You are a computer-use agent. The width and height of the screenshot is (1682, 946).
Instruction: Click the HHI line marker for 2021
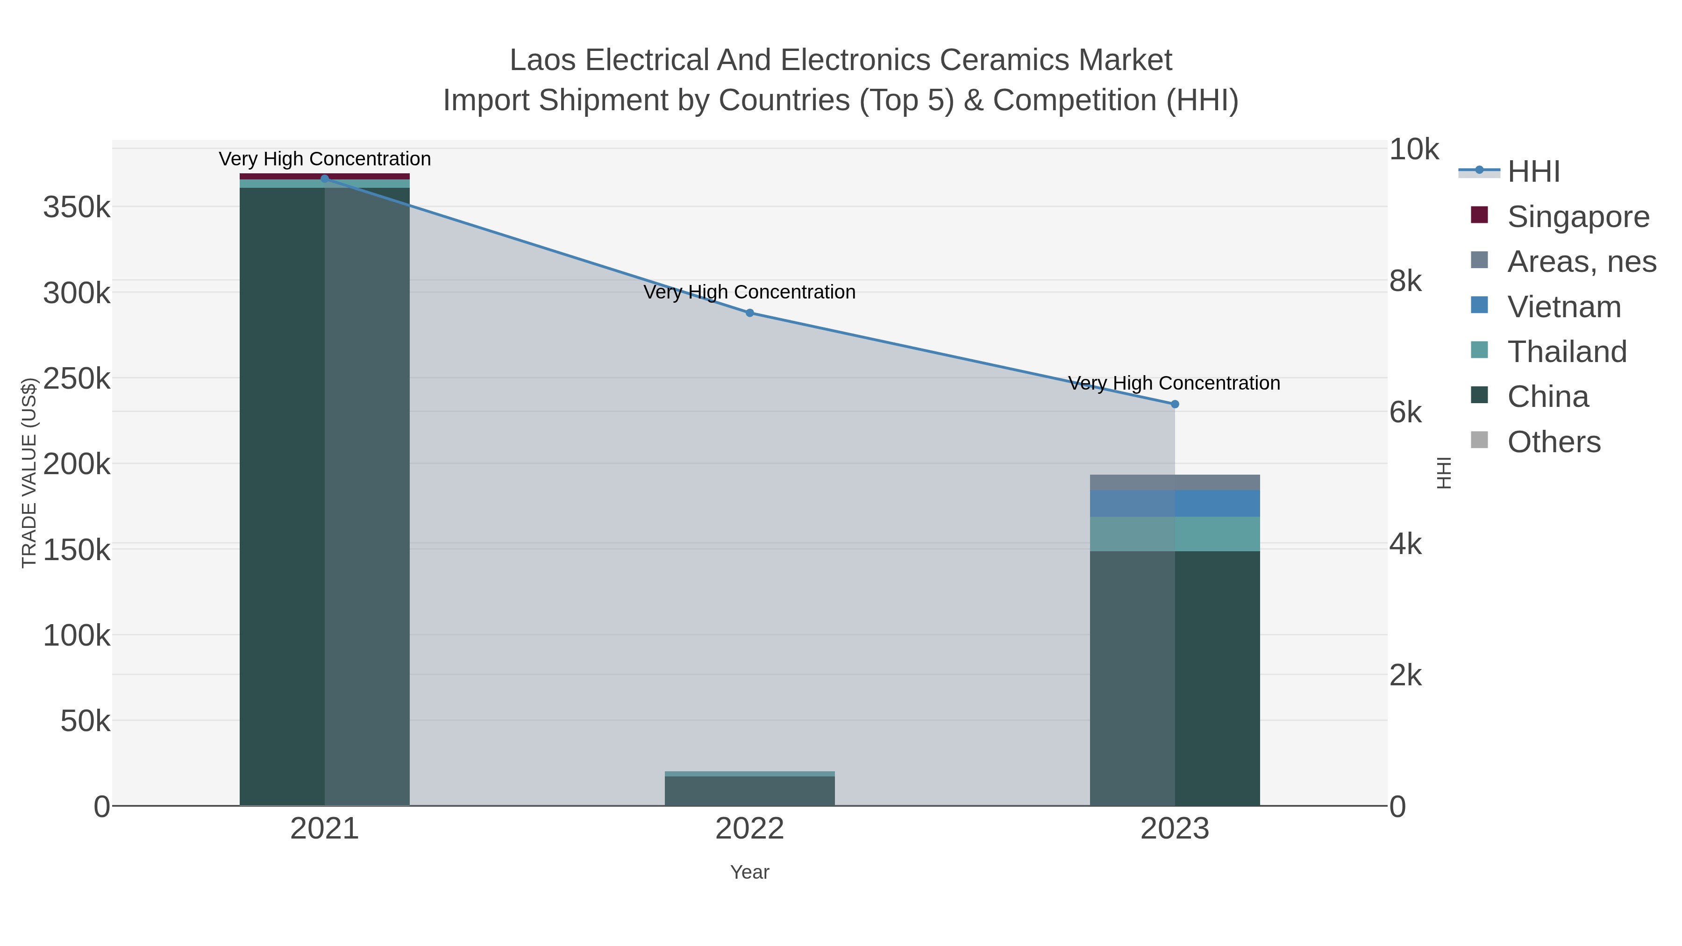point(325,178)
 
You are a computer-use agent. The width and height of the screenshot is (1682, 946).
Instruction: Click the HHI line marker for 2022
point(749,313)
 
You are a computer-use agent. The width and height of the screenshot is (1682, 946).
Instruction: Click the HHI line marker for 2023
point(1175,404)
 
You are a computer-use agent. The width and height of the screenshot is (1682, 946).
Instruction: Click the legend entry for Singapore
point(1577,217)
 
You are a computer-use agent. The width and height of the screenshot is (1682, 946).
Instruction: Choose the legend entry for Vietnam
point(1563,307)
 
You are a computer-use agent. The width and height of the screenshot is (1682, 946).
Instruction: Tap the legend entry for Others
point(1554,442)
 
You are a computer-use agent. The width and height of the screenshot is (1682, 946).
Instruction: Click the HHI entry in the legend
point(1532,172)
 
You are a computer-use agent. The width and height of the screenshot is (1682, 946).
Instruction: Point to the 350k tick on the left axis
point(77,207)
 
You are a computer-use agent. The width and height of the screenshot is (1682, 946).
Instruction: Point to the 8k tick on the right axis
point(1405,281)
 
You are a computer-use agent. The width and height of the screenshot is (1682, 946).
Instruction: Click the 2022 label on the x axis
point(749,829)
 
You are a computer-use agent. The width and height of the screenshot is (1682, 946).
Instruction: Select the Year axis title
point(749,872)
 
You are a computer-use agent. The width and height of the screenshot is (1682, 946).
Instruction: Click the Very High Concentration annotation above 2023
point(1173,383)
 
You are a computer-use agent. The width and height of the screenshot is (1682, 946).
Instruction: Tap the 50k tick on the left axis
point(85,721)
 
